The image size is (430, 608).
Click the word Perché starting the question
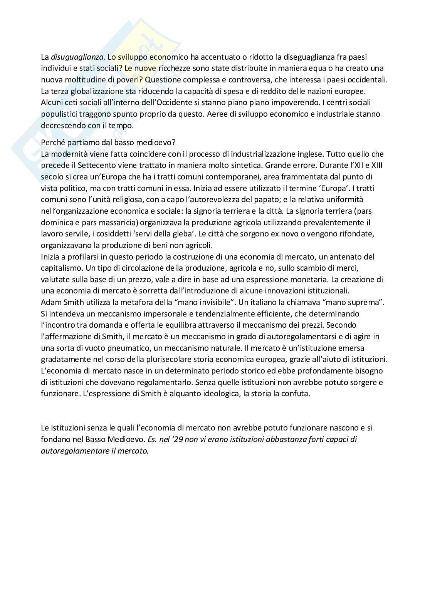(x=53, y=142)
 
